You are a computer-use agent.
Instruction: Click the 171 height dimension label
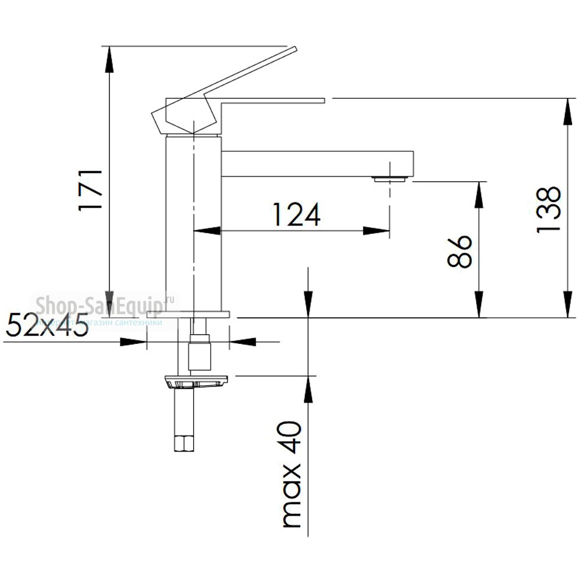pos(92,190)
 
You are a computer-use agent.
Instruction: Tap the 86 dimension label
pos(460,251)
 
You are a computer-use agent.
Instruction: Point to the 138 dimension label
pos(548,210)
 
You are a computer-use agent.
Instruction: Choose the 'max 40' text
pos(292,474)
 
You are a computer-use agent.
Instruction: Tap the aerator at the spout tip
pos(390,179)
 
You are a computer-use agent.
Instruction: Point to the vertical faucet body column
pos(193,224)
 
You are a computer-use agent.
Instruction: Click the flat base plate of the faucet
pos(189,314)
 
